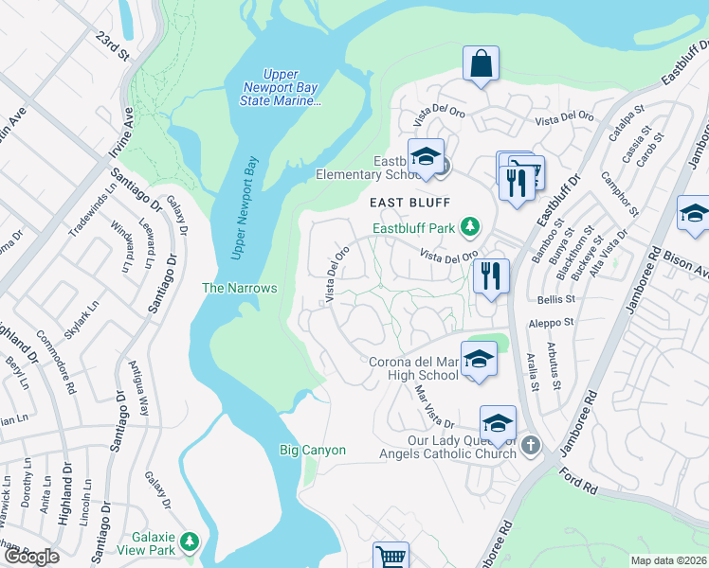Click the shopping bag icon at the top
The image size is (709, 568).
point(482,64)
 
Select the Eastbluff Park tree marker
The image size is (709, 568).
point(468,226)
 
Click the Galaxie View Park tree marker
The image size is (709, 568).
point(191,541)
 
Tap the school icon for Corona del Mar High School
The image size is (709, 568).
point(480,359)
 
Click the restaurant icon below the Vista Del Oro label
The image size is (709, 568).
point(491,275)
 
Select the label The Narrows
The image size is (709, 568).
point(240,288)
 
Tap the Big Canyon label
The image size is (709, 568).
point(312,451)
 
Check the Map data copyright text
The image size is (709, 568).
point(669,560)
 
